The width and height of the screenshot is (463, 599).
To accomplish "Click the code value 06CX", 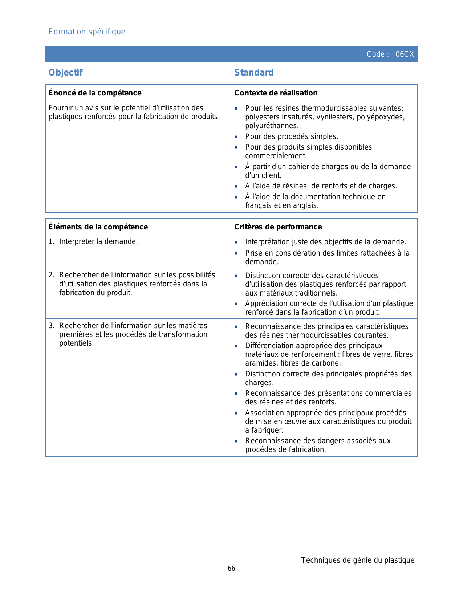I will pyautogui.click(x=405, y=54).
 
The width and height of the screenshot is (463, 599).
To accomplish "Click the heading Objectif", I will pyautogui.click(x=65, y=73).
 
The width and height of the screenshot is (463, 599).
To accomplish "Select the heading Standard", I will pyautogui.click(x=254, y=73).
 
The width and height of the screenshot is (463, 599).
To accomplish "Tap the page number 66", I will pyautogui.click(x=231, y=569).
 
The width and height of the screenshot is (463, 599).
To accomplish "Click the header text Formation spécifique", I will pyautogui.click(x=87, y=32).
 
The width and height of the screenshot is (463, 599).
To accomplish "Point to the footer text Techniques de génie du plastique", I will pyautogui.click(x=358, y=560).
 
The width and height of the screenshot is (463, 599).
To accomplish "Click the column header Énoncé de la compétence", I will pyautogui.click(x=95, y=93).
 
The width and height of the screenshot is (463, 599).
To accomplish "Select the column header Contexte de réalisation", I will pyautogui.click(x=276, y=93).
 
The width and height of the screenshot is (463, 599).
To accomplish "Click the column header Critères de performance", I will pyautogui.click(x=278, y=227).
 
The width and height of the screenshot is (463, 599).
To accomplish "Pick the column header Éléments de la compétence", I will pyautogui.click(x=98, y=227).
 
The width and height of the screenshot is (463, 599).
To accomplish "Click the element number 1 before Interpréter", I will pyautogui.click(x=51, y=242).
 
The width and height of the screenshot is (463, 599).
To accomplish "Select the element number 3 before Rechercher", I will pyautogui.click(x=51, y=326).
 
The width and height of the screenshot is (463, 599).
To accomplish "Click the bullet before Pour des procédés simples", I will pyautogui.click(x=236, y=137).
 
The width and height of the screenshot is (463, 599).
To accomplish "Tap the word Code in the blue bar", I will pyautogui.click(x=375, y=54).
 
